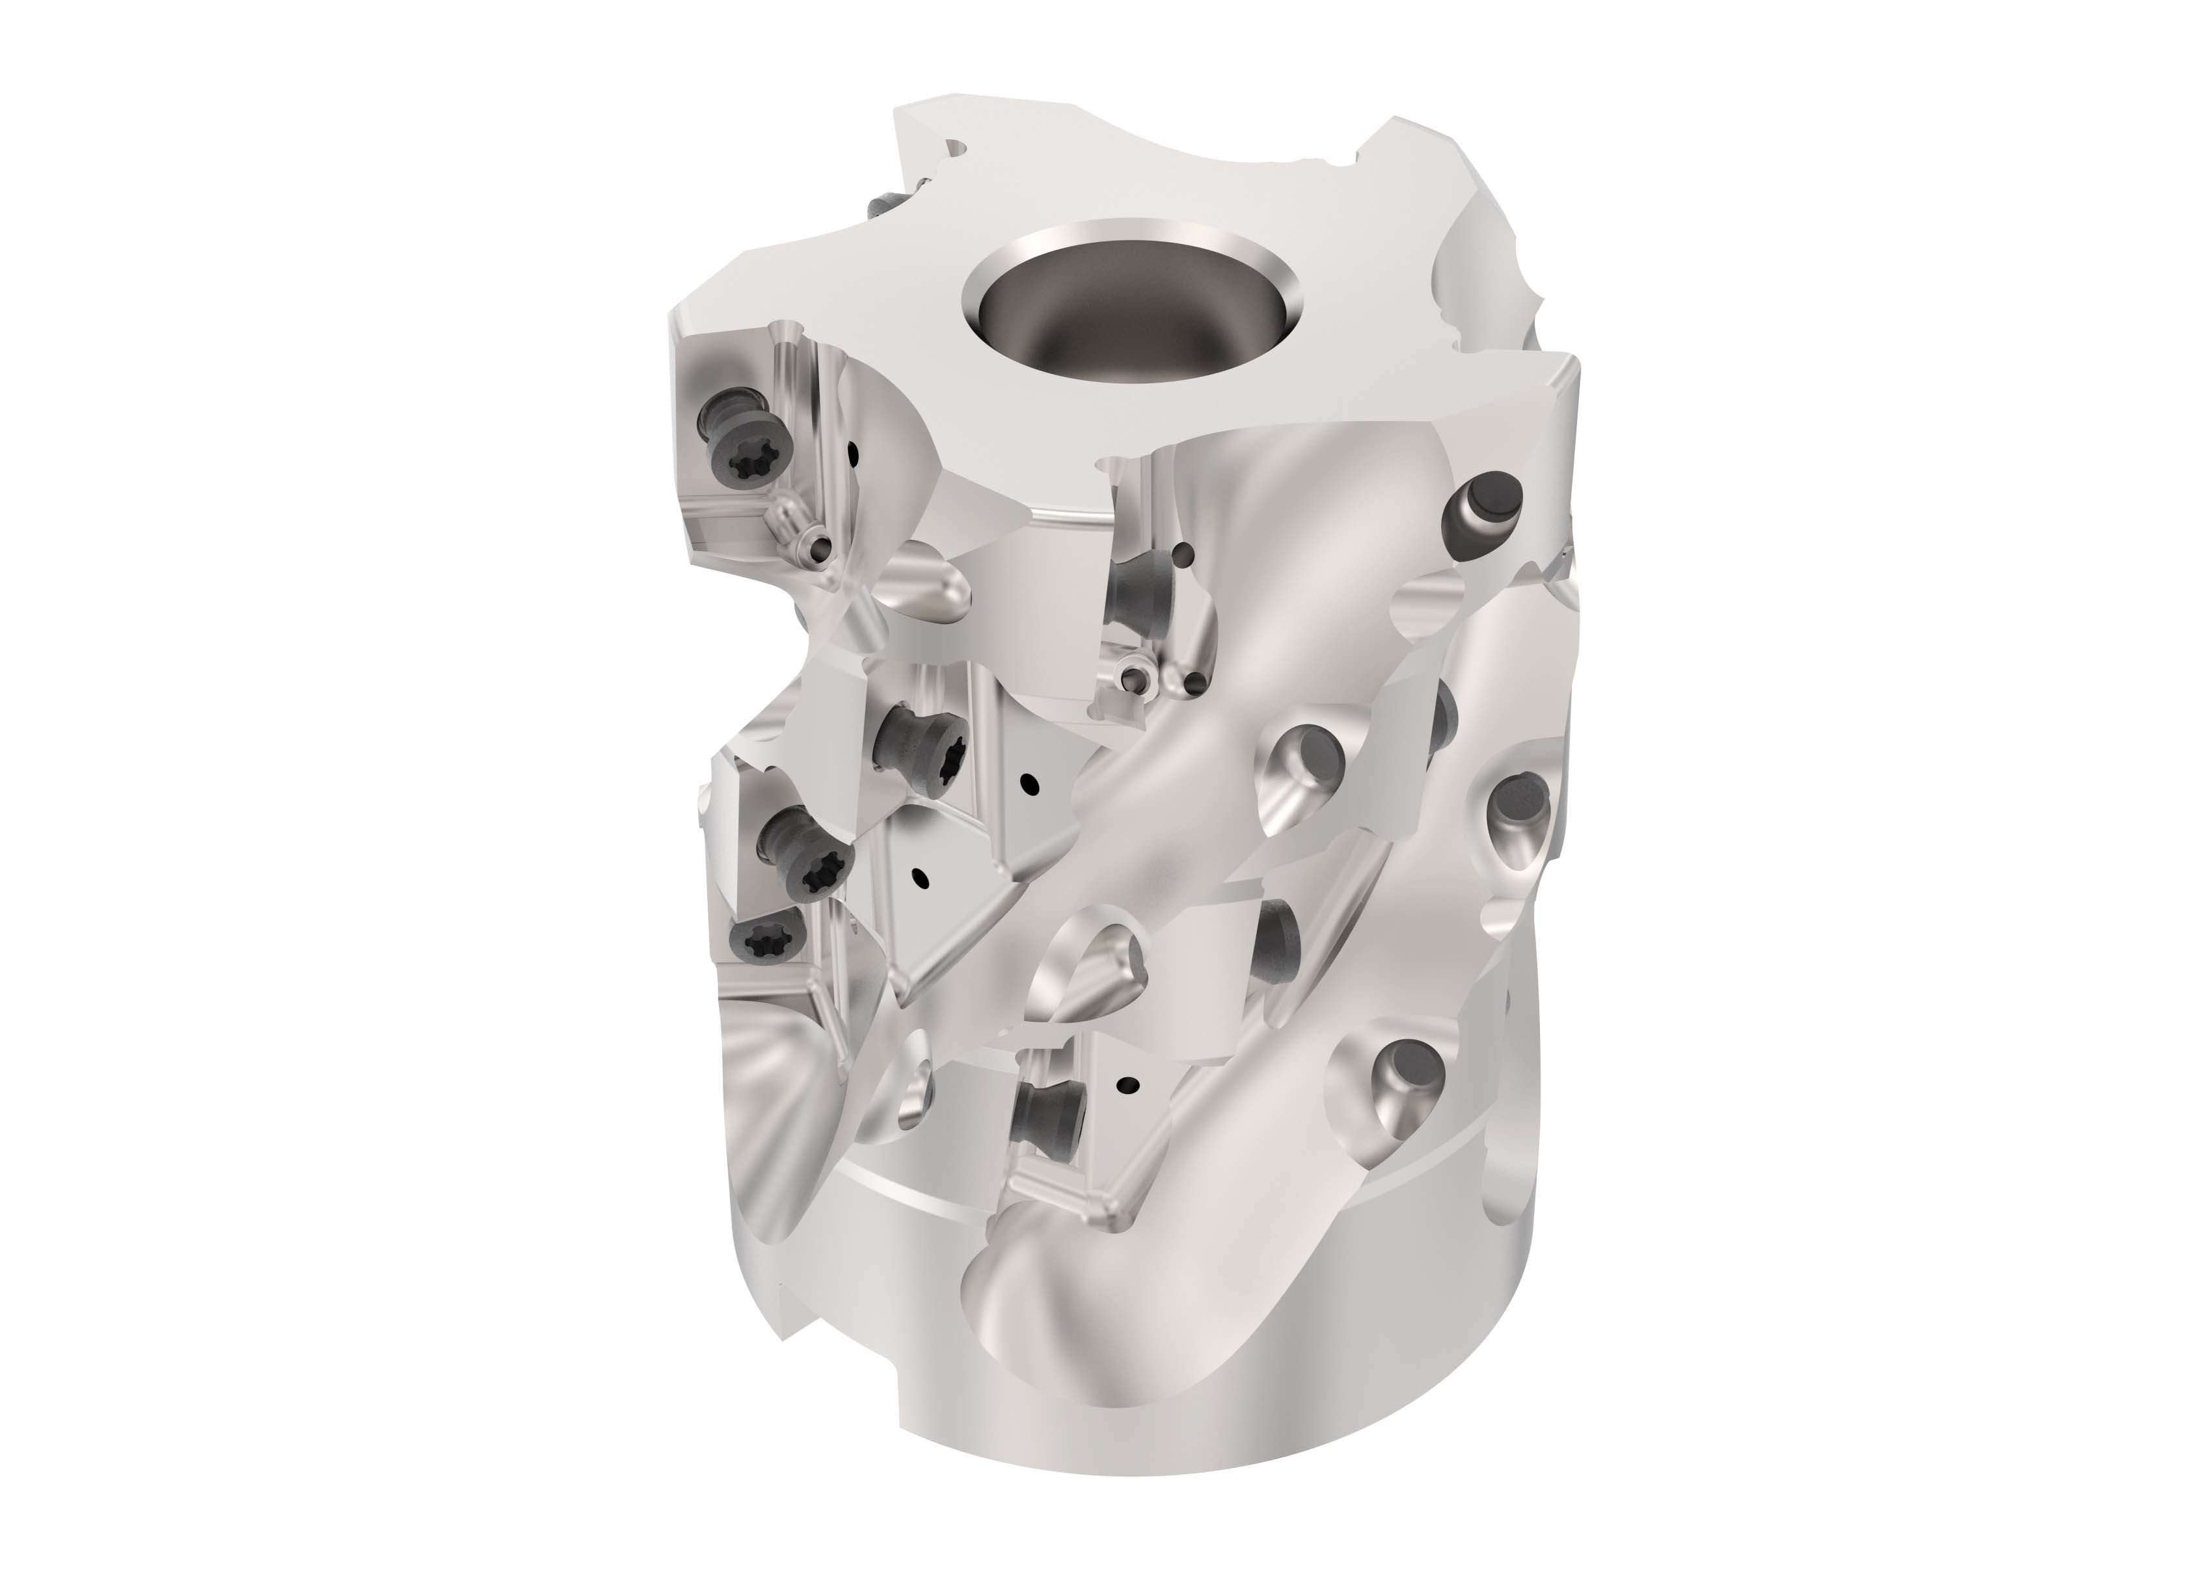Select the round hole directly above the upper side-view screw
pos(1184,554)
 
